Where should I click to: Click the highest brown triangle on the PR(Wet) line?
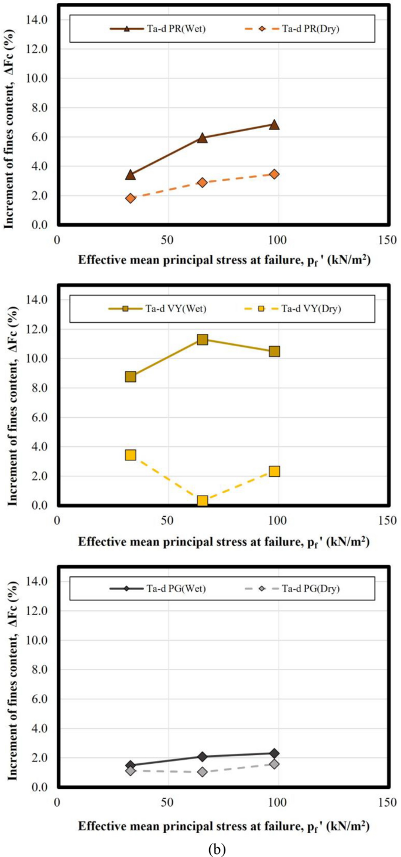pyautogui.click(x=274, y=124)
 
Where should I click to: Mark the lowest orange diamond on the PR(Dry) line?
pyautogui.click(x=131, y=198)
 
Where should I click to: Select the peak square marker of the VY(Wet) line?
pyautogui.click(x=203, y=339)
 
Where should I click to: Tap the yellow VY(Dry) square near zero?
pyautogui.click(x=203, y=501)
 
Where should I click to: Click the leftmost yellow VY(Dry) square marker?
pyautogui.click(x=131, y=455)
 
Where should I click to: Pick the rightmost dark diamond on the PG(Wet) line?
pyautogui.click(x=274, y=753)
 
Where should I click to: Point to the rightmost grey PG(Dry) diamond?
pyautogui.click(x=274, y=764)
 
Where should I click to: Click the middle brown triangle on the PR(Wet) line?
pyautogui.click(x=203, y=138)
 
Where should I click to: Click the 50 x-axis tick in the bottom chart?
pyautogui.click(x=167, y=801)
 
